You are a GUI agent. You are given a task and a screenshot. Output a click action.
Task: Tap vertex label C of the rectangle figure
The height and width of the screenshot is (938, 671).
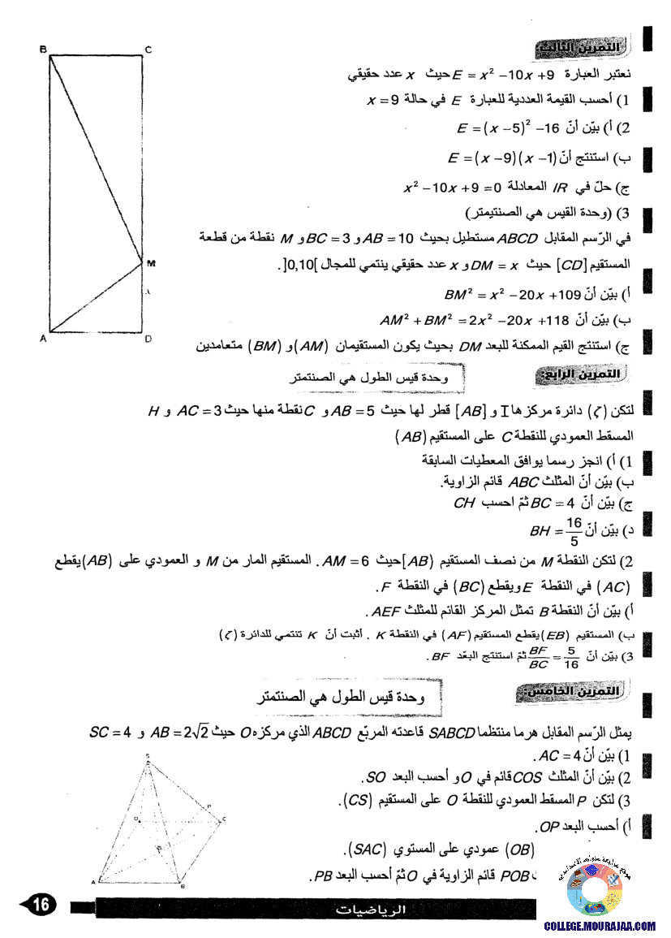click(148, 50)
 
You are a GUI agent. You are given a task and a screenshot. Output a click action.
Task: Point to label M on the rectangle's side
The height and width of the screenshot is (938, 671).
click(151, 263)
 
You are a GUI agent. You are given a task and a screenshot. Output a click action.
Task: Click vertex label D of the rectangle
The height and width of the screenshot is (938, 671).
click(148, 339)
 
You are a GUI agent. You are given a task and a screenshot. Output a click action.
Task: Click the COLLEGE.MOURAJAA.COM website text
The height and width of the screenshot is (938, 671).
click(600, 926)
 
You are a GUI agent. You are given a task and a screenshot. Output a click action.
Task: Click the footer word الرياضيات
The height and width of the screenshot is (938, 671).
click(371, 911)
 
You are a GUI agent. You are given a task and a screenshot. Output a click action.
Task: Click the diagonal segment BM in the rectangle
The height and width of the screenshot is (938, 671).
click(96, 157)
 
